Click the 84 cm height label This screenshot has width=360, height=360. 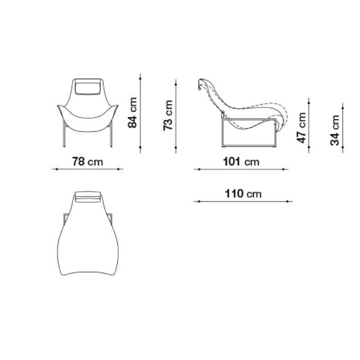132,112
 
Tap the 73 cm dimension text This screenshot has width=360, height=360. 168,115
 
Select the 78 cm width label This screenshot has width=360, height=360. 87,162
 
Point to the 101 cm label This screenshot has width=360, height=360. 241,162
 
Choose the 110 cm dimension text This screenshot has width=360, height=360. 243,193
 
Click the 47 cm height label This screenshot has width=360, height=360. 301,128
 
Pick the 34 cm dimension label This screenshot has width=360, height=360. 335,130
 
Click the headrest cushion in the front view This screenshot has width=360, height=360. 88,86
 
